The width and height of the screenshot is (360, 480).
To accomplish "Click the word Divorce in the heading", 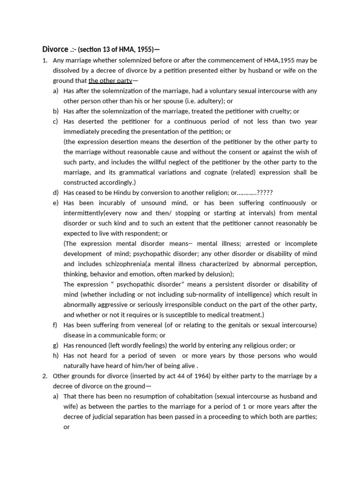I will coord(55,49).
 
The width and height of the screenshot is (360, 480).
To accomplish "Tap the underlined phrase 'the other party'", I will coord(110,81).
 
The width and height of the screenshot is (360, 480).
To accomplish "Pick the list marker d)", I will coord(56,193).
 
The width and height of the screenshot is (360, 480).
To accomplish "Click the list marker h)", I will coord(56,356).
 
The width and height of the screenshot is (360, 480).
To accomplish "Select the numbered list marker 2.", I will coord(45,376).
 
